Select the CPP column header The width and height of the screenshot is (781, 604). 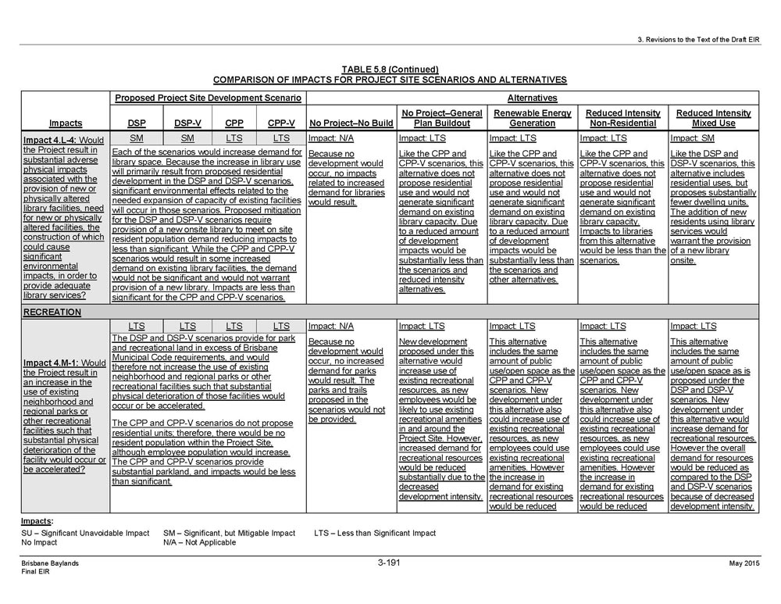click(234, 123)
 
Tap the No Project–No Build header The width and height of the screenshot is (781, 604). click(351, 123)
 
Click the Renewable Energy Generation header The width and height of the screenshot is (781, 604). click(532, 118)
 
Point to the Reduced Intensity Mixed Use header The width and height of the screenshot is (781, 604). click(713, 118)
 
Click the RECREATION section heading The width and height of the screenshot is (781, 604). click(52, 312)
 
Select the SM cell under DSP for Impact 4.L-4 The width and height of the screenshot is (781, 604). click(136, 138)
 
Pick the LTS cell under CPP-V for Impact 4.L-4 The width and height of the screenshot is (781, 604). click(281, 138)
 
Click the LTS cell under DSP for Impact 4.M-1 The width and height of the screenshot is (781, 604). click(136, 326)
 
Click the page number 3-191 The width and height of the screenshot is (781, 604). click(389, 563)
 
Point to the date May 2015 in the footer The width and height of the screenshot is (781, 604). click(745, 563)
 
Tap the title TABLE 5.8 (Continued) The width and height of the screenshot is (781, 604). click(390, 69)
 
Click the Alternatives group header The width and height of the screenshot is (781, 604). click(532, 98)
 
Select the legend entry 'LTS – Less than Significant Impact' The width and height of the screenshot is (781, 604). click(375, 533)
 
